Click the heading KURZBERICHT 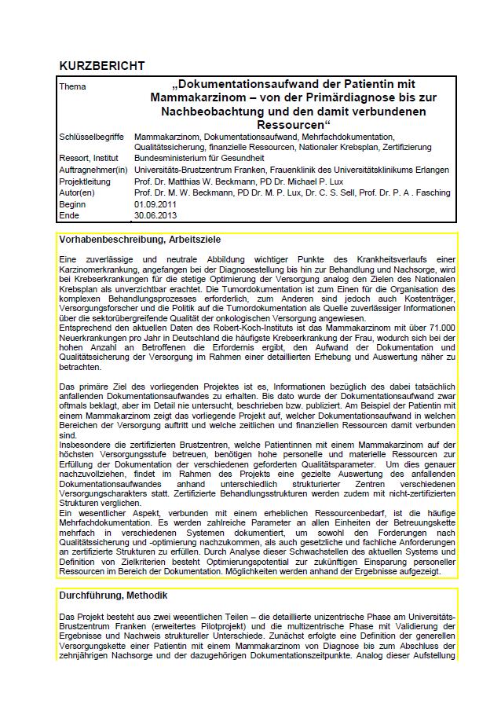point(101,66)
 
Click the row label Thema point(72,86)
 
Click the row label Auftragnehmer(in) point(93,170)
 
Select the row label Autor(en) point(76,192)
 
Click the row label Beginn point(72,203)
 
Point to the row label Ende point(69,214)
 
